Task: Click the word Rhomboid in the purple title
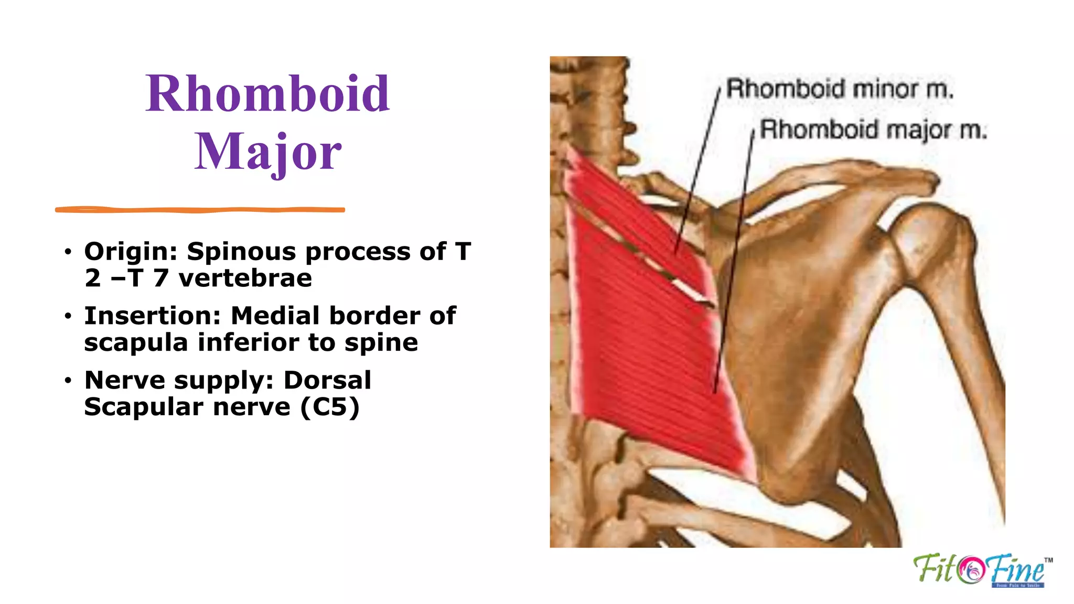[x=267, y=94]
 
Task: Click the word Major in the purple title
[x=267, y=152]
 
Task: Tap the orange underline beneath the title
[x=199, y=210]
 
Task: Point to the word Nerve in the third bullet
[x=125, y=381]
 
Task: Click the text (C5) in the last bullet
[x=330, y=407]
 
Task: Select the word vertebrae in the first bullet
[x=245, y=278]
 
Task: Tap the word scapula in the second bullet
[x=136, y=343]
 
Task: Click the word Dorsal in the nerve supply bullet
[x=327, y=381]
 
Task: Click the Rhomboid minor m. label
[x=839, y=89]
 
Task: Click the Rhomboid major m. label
[x=873, y=130]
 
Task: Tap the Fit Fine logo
[x=981, y=570]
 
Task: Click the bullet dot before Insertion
[x=68, y=317]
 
